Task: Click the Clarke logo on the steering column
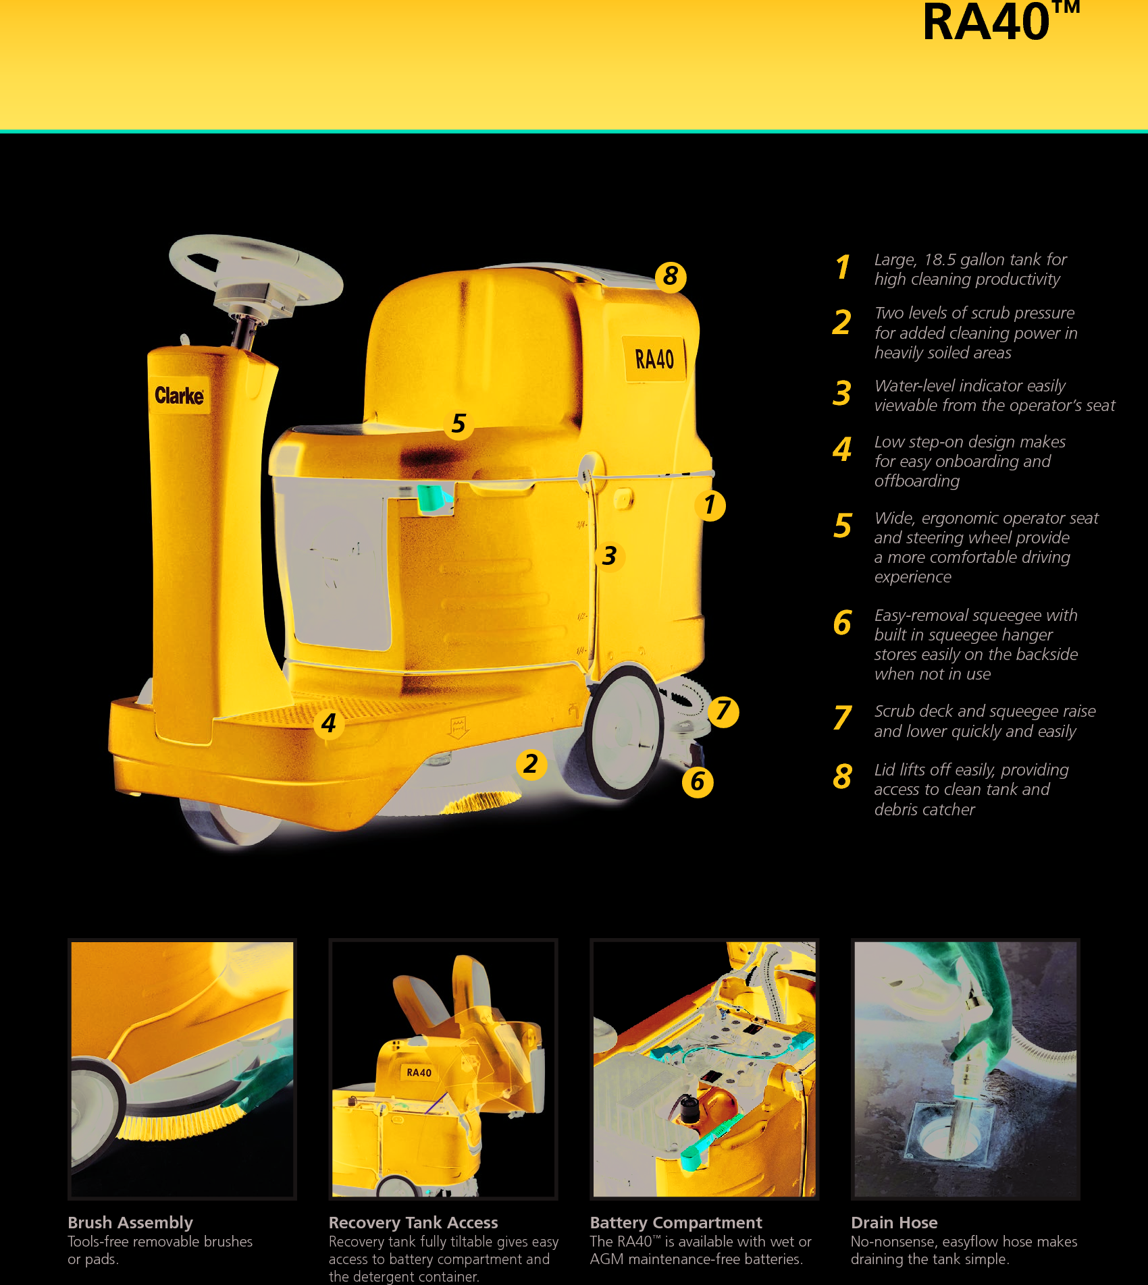pos(179,395)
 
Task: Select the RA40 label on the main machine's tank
pos(654,359)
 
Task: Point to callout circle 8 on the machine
pos(670,276)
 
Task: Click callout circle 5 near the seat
pos(459,424)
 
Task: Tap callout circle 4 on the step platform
pos(329,723)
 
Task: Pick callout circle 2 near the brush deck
pos(531,764)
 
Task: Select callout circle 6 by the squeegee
pos(698,782)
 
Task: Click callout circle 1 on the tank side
pos(710,505)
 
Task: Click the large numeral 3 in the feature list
pos(842,394)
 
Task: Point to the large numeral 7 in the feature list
pos(842,718)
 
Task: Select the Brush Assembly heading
pos(130,1222)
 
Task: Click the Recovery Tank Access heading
pos(413,1222)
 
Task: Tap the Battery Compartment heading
pos(676,1222)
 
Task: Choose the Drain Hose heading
pos(894,1222)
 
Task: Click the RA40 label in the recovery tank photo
pos(419,1072)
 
